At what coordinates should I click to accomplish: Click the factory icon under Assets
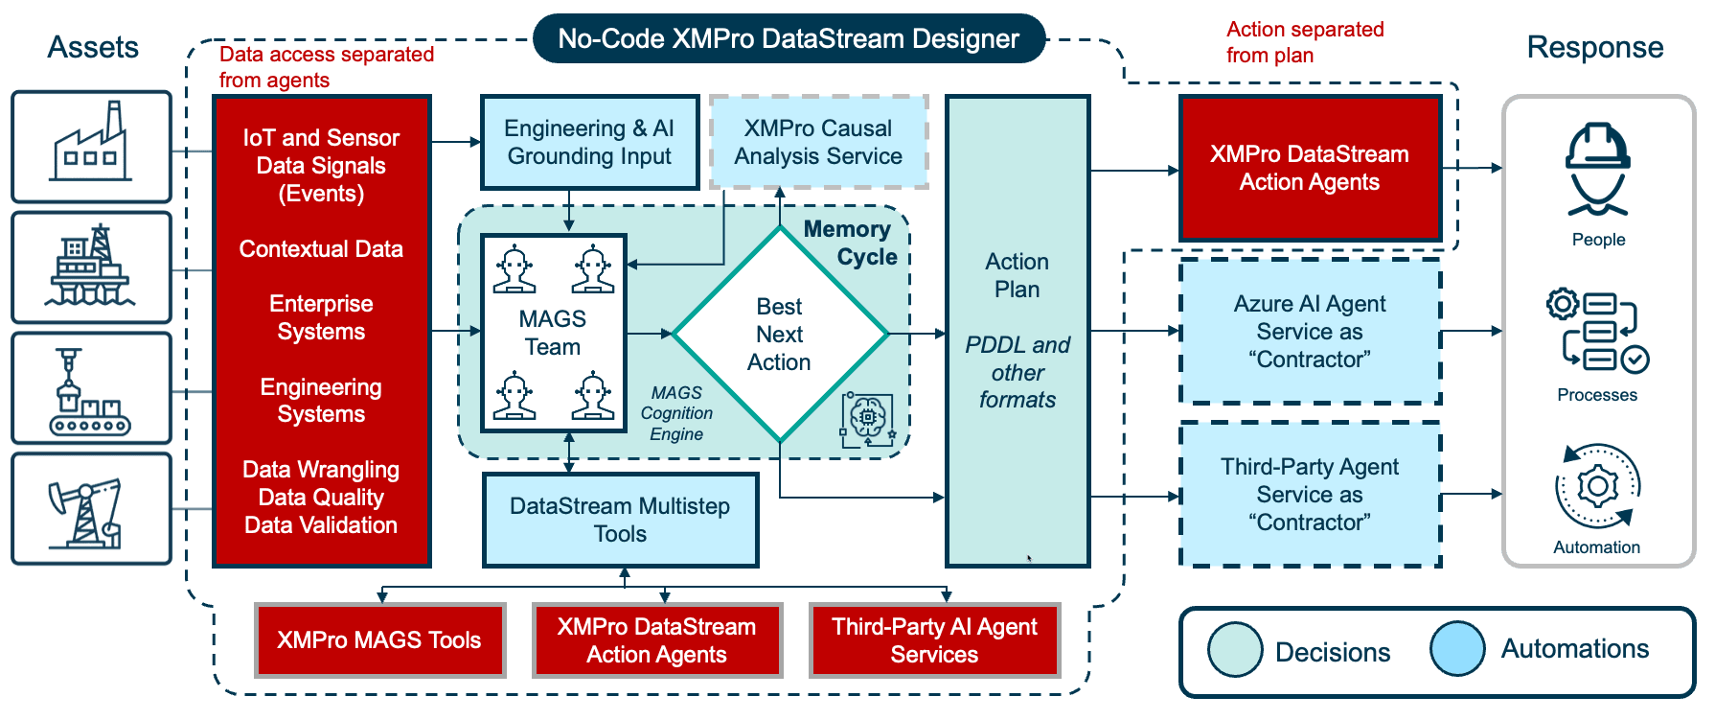(x=91, y=146)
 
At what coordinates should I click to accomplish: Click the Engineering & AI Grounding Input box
(x=589, y=142)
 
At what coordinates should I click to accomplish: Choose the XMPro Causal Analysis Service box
(x=818, y=142)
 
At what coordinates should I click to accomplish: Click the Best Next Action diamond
(x=780, y=334)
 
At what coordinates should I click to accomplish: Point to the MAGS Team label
(x=553, y=333)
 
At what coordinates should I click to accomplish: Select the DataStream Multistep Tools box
(x=620, y=520)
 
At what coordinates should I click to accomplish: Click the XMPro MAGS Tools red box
(x=379, y=639)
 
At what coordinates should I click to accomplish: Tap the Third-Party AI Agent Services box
(x=934, y=639)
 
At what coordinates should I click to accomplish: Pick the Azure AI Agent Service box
(x=1310, y=331)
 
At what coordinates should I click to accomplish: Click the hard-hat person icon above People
(x=1597, y=170)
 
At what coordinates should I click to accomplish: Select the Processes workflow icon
(x=1597, y=332)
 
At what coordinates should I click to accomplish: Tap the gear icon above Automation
(x=1597, y=486)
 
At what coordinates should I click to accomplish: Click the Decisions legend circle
(x=1235, y=650)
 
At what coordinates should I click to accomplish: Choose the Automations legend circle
(x=1457, y=648)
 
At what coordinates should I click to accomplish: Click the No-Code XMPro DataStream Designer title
(x=789, y=38)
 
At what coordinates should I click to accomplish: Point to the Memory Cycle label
(x=850, y=243)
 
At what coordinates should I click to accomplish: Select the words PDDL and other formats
(x=1018, y=372)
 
